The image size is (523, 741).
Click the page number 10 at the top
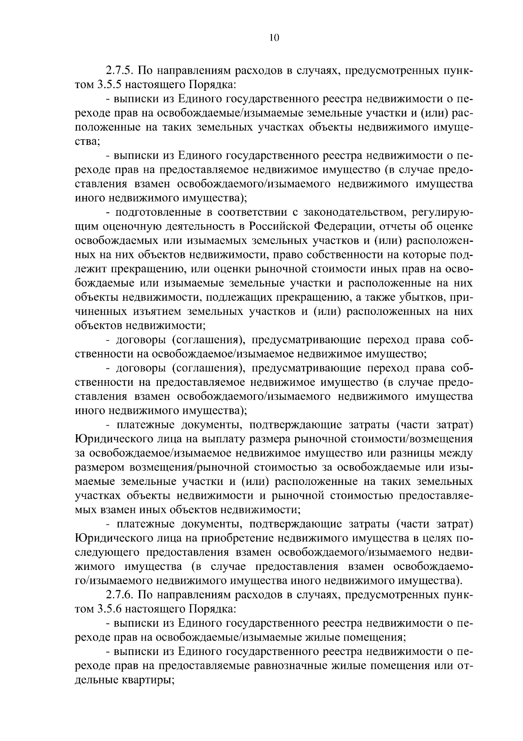click(274, 38)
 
